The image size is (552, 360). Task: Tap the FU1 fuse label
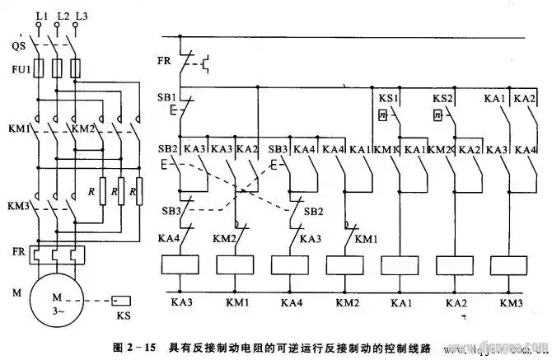pos(17,70)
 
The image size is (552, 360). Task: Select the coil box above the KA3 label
pos(180,264)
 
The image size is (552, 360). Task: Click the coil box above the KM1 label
pos(236,264)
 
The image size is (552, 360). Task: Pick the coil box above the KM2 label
pos(347,264)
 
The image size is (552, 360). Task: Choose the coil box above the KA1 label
pos(401,264)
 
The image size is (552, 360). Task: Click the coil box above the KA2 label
pos(456,264)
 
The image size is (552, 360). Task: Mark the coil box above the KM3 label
pos(509,264)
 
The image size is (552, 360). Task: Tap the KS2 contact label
pos(443,98)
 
